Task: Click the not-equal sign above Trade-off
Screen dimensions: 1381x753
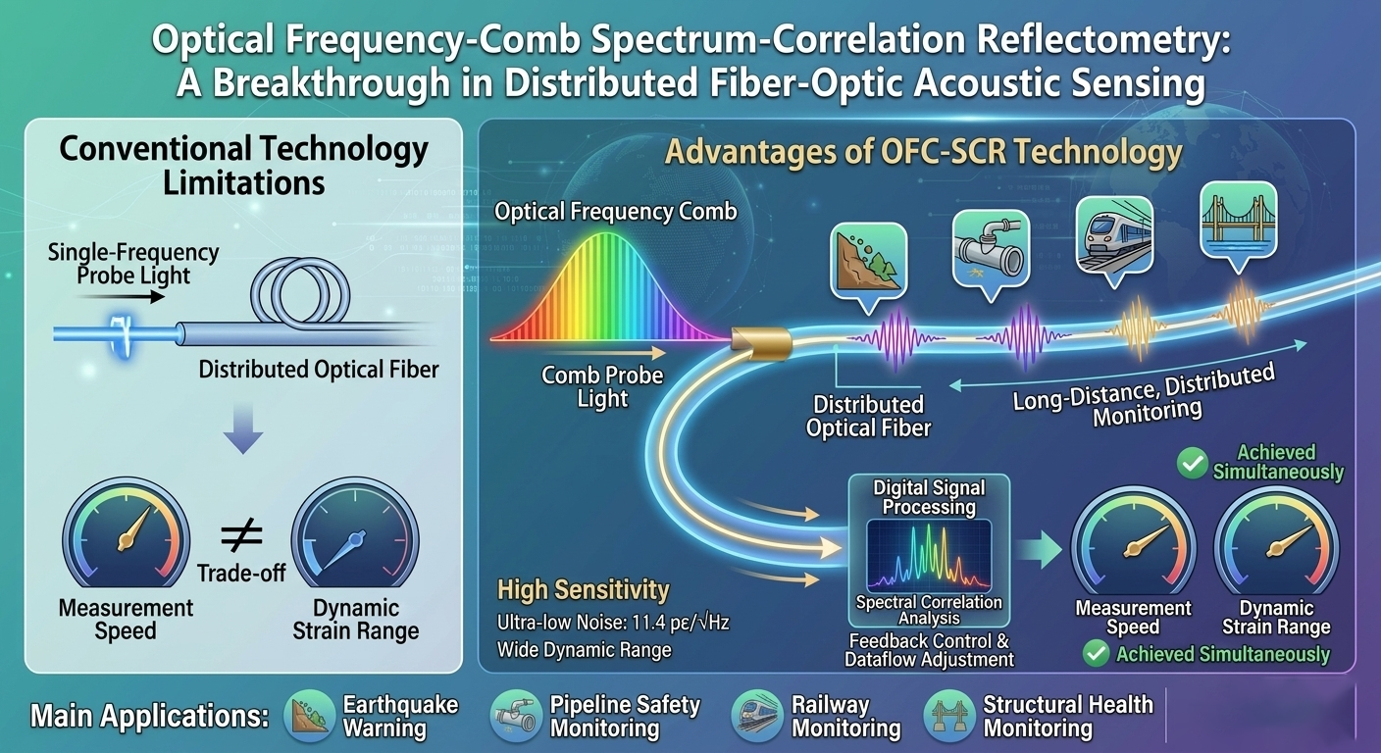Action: (241, 534)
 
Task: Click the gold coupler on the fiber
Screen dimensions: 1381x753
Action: (761, 342)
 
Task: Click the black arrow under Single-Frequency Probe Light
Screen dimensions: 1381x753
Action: (121, 297)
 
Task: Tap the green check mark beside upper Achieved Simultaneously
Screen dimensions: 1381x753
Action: (1193, 463)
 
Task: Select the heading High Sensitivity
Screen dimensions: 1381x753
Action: (584, 589)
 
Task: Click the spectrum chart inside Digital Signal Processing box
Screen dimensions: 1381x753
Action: (929, 556)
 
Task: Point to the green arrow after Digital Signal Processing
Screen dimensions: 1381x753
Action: (1040, 550)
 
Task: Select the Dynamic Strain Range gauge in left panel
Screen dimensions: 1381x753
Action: (355, 533)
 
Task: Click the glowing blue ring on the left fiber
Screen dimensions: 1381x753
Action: (122, 336)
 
